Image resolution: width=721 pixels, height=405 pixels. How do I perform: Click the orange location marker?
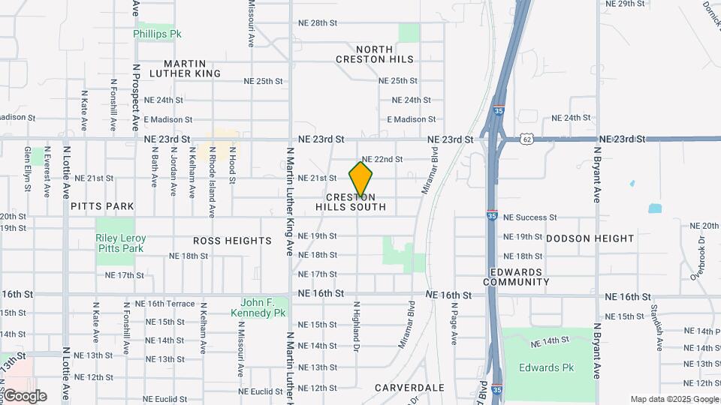point(360,180)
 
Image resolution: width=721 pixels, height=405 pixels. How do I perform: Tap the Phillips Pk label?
point(158,34)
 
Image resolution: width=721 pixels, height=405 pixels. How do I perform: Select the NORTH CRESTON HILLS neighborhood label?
point(364,54)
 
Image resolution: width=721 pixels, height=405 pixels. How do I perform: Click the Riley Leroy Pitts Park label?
point(120,243)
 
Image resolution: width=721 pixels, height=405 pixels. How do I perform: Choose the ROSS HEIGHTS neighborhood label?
point(232,241)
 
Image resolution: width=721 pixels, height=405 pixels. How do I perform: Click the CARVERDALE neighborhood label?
point(409,388)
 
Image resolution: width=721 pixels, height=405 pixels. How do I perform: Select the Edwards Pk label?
point(546,367)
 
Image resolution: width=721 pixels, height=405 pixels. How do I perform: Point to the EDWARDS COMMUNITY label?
point(516,277)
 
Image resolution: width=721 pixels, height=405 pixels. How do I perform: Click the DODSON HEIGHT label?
point(590,238)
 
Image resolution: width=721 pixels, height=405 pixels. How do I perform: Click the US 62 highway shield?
point(527,139)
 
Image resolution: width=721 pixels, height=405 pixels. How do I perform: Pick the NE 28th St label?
point(317,23)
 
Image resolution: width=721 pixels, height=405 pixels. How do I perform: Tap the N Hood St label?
point(233,166)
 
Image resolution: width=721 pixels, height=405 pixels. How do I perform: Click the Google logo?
point(25,395)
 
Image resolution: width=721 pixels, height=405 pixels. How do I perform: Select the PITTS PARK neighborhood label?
point(102,206)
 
